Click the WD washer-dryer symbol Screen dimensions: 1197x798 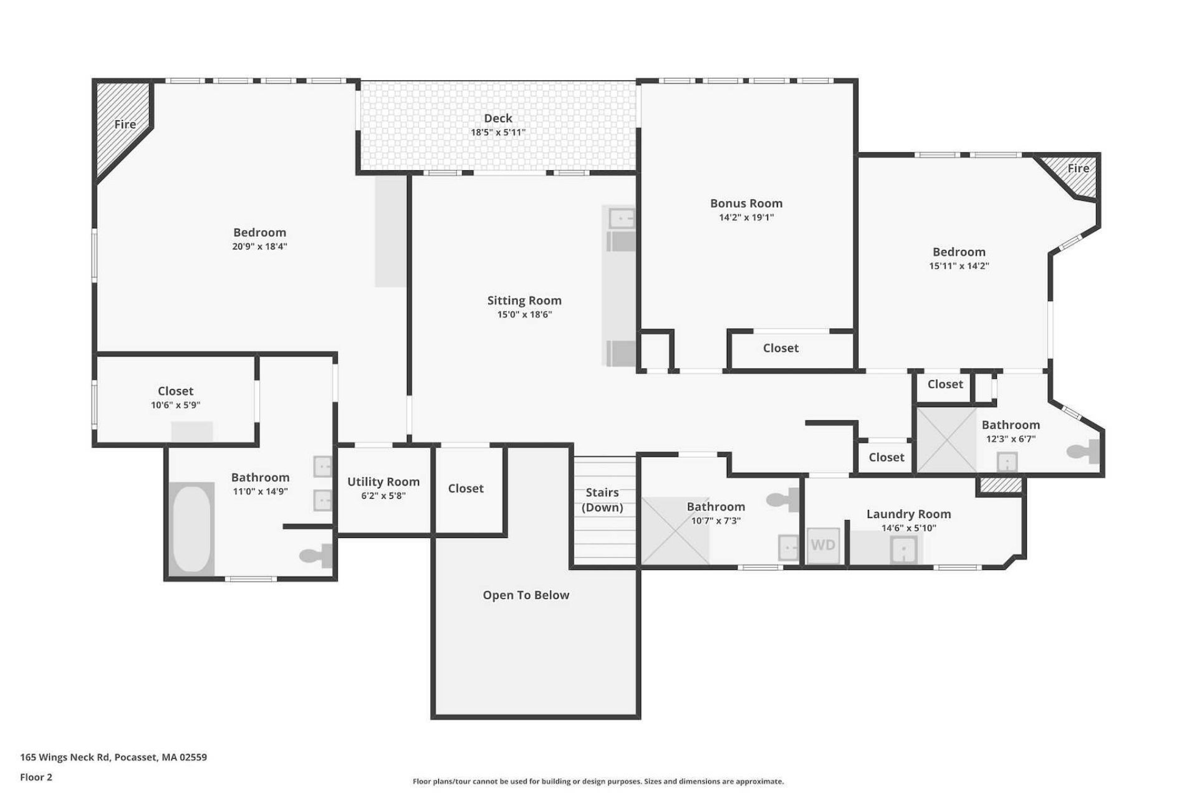tap(823, 546)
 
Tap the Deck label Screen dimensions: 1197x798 tap(498, 118)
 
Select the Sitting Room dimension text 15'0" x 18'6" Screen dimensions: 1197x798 tap(524, 315)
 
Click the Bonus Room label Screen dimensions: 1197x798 tap(746, 203)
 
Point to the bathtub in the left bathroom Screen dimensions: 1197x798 tap(191, 529)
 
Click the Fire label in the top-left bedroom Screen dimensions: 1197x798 tap(125, 124)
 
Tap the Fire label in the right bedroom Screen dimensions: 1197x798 tap(1078, 168)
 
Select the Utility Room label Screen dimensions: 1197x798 tap(383, 482)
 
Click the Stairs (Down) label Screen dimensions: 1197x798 tap(602, 500)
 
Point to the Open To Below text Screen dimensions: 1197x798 tap(526, 595)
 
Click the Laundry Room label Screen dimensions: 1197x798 tap(909, 514)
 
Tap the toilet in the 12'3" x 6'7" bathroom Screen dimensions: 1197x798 tap(1084, 451)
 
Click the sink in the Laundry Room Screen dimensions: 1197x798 tap(903, 549)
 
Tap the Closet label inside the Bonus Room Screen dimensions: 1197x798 tap(781, 349)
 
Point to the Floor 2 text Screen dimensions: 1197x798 tap(36, 777)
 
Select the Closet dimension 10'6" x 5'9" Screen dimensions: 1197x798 tap(175, 405)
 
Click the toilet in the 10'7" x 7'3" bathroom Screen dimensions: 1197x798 tap(782, 499)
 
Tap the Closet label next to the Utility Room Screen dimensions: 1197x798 tap(466, 489)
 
